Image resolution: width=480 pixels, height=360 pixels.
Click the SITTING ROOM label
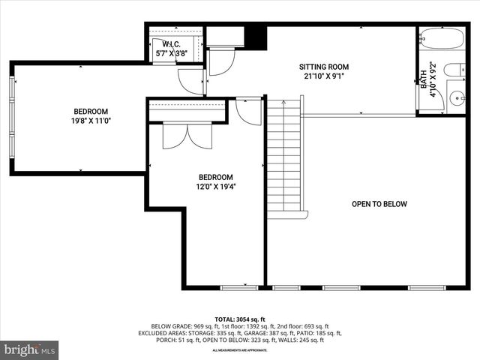(324, 67)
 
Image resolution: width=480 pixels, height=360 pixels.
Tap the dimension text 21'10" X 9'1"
(324, 76)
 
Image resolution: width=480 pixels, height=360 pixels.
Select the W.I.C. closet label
(171, 44)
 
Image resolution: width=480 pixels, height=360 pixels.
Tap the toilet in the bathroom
(453, 70)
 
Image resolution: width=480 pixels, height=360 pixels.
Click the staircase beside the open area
(284, 157)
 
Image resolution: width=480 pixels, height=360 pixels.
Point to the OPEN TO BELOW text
(379, 204)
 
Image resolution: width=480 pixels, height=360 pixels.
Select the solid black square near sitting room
(256, 37)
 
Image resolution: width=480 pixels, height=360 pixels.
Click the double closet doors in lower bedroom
(187, 134)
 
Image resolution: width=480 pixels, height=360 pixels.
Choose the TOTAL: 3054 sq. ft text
(240, 319)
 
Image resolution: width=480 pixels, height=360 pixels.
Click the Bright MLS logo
(30, 349)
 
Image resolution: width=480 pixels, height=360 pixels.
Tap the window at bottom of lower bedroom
(239, 287)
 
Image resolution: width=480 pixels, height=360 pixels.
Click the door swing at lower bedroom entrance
(247, 111)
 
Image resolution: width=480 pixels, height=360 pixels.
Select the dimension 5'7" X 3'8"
(171, 54)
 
